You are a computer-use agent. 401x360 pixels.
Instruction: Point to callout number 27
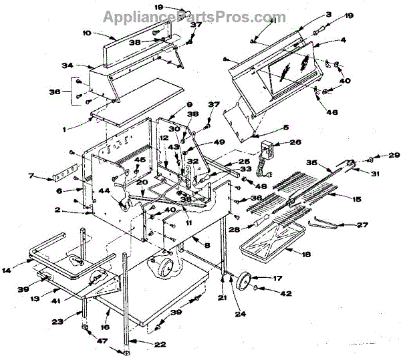(362, 226)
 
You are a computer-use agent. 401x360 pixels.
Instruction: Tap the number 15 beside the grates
(357, 198)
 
